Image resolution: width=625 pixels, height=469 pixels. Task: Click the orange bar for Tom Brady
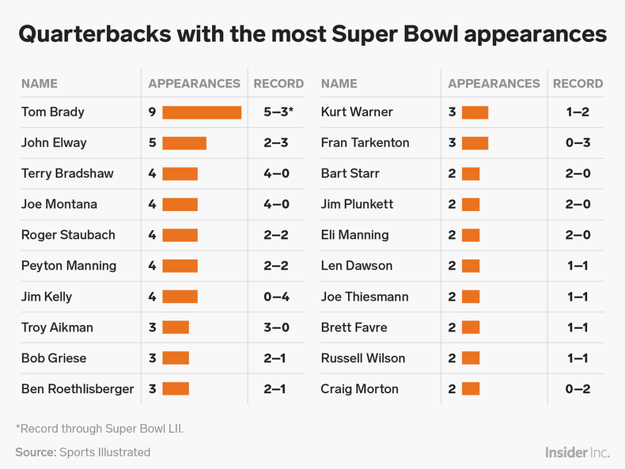[202, 112]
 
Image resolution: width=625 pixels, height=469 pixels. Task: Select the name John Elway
[54, 143]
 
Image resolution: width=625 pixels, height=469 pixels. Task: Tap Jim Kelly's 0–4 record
[276, 297]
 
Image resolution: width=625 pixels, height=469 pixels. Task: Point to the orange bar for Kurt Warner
[475, 112]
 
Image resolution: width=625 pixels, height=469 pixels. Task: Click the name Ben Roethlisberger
[78, 389]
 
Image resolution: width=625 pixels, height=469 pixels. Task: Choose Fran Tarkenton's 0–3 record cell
[577, 143]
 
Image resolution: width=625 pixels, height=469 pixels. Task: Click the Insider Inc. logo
[577, 452]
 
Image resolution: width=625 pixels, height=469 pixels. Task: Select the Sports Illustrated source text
[104, 452]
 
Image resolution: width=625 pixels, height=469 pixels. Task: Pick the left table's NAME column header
[40, 83]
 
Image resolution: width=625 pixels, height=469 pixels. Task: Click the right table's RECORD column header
[578, 83]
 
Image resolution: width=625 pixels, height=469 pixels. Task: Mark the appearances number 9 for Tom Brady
[152, 112]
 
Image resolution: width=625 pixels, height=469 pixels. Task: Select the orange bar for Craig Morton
[470, 389]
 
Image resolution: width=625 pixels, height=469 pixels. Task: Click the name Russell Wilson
[363, 358]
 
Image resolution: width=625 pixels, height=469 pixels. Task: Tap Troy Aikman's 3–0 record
[276, 327]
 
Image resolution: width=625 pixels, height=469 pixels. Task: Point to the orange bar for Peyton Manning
[180, 266]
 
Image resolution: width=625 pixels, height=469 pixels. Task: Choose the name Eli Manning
[354, 235]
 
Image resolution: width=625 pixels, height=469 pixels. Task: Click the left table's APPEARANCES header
[194, 83]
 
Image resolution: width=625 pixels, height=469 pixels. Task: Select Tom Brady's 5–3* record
[278, 112]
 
